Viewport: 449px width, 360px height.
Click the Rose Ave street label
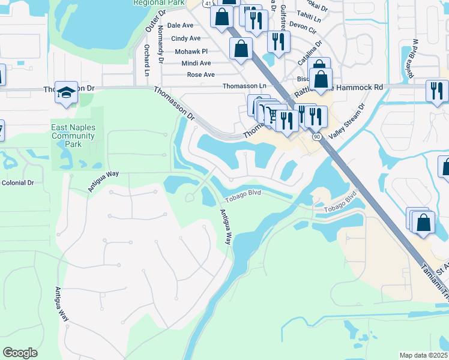coord(200,75)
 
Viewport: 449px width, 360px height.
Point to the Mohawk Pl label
coord(191,52)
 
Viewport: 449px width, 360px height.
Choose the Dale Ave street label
coord(180,26)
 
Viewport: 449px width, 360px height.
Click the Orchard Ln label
coord(146,61)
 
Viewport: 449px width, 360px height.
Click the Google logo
coord(20,353)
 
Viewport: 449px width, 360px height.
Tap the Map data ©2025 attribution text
coord(423,355)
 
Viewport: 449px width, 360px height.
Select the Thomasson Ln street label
coord(244,86)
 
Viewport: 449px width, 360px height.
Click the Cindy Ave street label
coord(186,38)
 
